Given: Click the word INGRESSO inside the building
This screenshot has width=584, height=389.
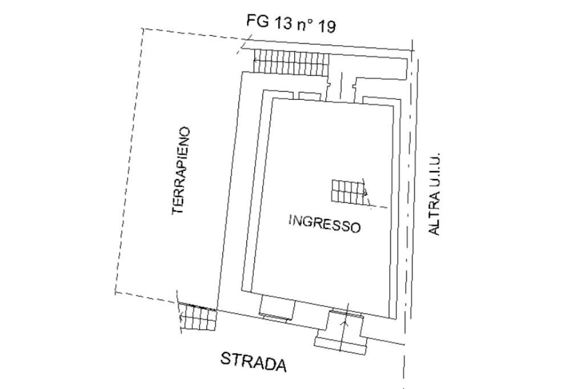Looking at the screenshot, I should (325, 223).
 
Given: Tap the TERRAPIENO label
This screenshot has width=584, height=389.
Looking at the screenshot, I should (181, 170).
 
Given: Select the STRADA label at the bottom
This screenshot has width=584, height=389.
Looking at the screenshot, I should (253, 362).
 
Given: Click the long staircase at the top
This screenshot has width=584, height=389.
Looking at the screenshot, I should (291, 62).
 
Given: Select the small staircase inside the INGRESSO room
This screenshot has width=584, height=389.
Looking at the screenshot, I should (347, 191).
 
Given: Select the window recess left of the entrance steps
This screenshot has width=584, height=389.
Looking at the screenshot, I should (277, 309).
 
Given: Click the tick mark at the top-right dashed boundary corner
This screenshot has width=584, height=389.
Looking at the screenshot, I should (412, 44).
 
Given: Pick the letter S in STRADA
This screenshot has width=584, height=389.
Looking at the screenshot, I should (225, 358).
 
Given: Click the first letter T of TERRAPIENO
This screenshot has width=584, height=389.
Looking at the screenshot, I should (179, 209).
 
